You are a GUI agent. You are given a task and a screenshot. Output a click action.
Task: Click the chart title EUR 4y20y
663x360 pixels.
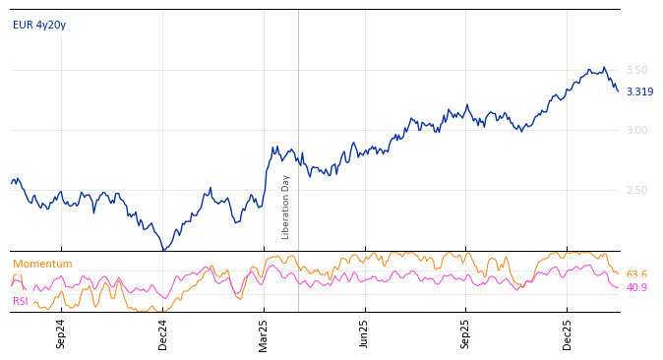click(x=39, y=25)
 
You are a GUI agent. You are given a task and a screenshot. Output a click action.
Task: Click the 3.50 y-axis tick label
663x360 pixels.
click(x=636, y=70)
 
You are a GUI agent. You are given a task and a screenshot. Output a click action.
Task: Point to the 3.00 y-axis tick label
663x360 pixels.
click(x=636, y=130)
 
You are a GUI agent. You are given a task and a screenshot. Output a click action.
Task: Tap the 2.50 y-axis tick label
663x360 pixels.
click(x=636, y=190)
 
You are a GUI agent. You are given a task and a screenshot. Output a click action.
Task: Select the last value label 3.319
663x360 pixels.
click(x=639, y=91)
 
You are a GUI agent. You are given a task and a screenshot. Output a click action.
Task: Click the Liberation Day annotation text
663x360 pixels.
click(x=286, y=207)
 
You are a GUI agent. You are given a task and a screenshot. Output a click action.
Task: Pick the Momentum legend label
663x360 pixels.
click(x=42, y=264)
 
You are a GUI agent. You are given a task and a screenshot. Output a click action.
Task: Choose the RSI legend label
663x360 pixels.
click(x=21, y=301)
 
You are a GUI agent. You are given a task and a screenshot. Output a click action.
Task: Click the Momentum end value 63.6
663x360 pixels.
click(x=636, y=274)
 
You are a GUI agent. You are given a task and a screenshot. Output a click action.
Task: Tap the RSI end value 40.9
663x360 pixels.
click(x=636, y=287)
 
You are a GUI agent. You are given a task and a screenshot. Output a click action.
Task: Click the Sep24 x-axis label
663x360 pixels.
click(x=61, y=333)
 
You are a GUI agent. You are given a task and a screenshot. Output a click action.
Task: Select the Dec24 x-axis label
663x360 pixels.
click(x=163, y=333)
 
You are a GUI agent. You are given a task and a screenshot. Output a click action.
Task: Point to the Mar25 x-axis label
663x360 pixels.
click(x=264, y=333)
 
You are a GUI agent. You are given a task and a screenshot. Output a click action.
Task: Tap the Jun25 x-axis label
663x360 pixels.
click(x=364, y=333)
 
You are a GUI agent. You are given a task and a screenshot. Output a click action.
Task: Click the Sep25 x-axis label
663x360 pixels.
click(x=465, y=333)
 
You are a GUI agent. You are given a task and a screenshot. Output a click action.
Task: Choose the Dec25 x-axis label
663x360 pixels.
click(x=568, y=333)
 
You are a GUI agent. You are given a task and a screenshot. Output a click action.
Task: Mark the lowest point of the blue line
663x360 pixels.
click(x=163, y=250)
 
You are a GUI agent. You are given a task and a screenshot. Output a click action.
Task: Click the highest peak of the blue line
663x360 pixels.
click(x=604, y=67)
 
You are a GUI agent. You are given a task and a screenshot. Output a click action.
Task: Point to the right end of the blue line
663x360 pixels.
click(x=618, y=91)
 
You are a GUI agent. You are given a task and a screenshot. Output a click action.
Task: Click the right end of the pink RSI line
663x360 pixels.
click(x=618, y=287)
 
